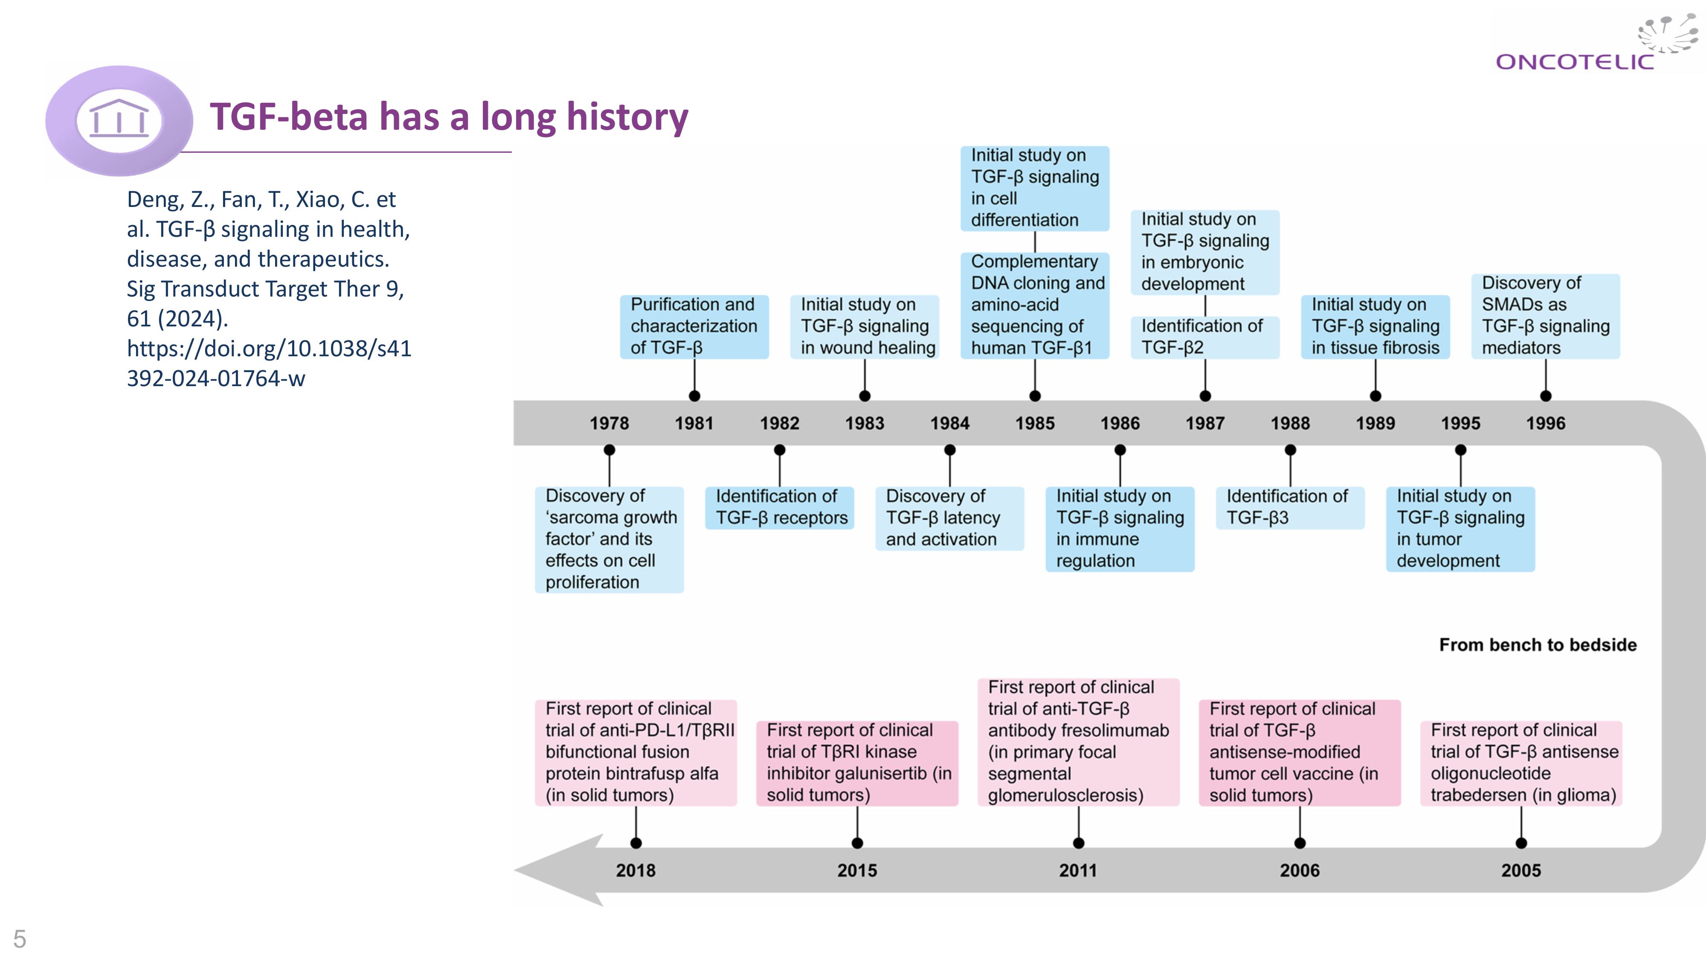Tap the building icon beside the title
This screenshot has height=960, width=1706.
pyautogui.click(x=119, y=119)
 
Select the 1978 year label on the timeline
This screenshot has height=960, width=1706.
pyautogui.click(x=609, y=423)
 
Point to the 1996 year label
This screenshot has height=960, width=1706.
pyautogui.click(x=1546, y=423)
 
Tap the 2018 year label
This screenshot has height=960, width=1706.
pyautogui.click(x=636, y=870)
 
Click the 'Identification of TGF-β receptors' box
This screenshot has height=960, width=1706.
pyautogui.click(x=780, y=507)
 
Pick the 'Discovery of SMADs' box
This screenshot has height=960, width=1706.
pyautogui.click(x=1545, y=316)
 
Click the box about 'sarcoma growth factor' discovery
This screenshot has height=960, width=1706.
pyautogui.click(x=609, y=539)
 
